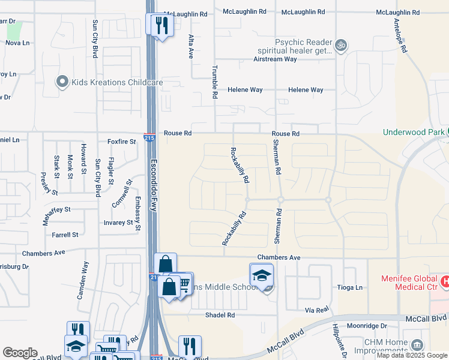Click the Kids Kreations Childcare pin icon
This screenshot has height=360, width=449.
coord(62,82)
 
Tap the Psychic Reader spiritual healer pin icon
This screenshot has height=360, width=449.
coord(341,45)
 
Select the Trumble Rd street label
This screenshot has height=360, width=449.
coord(214,82)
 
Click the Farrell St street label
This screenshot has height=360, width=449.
coord(65,235)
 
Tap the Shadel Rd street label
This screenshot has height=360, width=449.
coord(219,315)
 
